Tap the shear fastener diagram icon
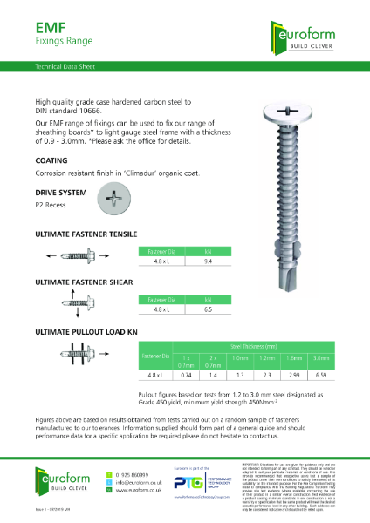click(x=70, y=305)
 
